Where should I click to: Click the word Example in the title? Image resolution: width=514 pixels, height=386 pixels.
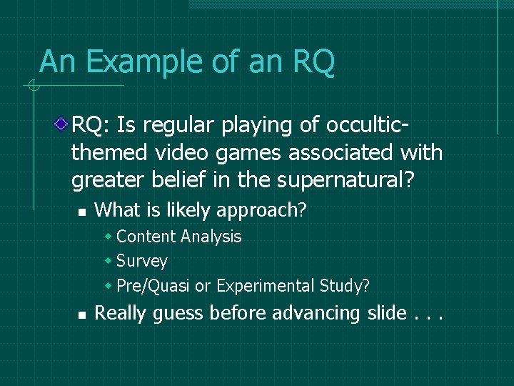coord(143,62)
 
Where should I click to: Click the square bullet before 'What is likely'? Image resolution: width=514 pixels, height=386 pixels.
coord(82,212)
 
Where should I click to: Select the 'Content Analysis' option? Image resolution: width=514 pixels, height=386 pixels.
coord(178,237)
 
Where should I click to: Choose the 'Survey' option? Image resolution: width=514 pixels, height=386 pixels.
coord(141,262)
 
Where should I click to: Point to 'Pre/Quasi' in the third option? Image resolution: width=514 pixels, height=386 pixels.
coord(153,287)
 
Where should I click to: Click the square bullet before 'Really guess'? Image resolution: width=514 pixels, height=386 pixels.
coord(82,315)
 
